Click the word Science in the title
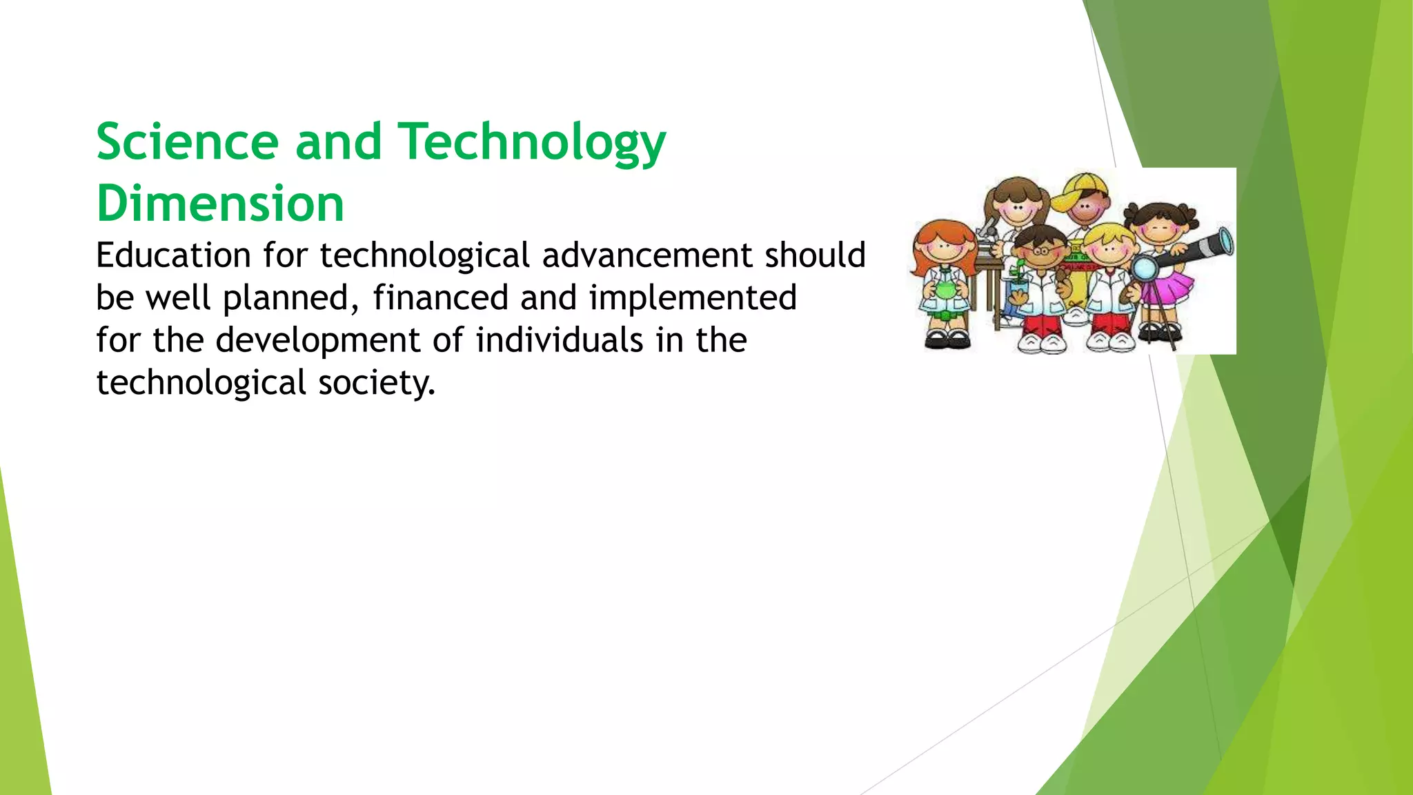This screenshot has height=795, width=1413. (x=187, y=141)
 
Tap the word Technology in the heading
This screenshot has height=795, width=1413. (x=533, y=143)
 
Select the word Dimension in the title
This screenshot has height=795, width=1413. (x=220, y=204)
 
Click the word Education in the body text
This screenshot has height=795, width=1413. (x=173, y=255)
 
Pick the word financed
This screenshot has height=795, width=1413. (x=440, y=298)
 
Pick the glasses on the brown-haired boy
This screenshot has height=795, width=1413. (x=1040, y=251)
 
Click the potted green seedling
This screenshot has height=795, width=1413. (x=1017, y=283)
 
